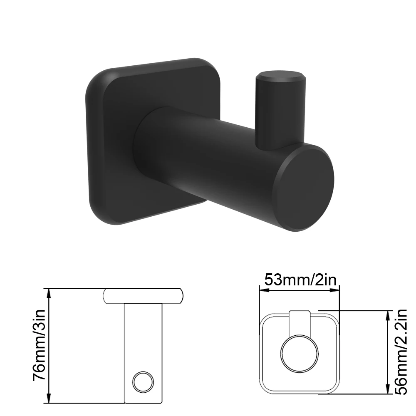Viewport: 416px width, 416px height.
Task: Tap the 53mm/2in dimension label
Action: [x=301, y=280]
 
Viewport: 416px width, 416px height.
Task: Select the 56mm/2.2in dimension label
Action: [x=400, y=352]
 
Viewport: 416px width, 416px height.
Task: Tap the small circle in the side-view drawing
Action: [x=143, y=382]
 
